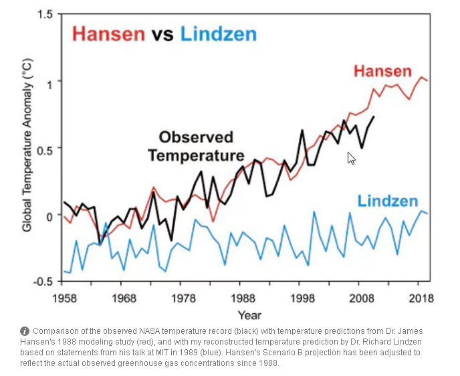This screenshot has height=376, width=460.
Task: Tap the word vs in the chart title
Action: tap(162, 34)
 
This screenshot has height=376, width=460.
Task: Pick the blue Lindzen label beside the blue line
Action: tap(388, 201)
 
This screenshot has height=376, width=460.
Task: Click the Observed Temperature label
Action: tap(196, 147)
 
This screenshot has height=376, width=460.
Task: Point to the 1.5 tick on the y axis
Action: tap(45, 15)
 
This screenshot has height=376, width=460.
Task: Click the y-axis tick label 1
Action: tap(49, 82)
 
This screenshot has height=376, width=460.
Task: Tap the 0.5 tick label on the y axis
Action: tap(45, 149)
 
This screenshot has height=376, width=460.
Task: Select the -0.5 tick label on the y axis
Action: tap(43, 282)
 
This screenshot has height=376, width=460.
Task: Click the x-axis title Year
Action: tap(250, 314)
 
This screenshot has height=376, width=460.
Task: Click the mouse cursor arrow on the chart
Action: tap(351, 158)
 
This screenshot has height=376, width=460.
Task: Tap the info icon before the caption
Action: tap(25, 331)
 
